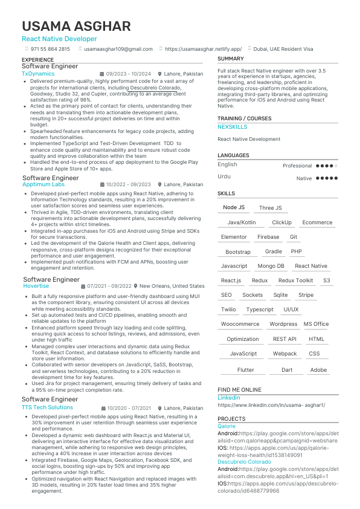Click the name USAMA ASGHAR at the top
coord(76,26)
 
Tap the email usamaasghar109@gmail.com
coord(118,49)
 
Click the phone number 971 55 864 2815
coord(50,49)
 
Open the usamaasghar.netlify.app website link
coord(203,49)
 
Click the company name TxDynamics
coord(38,74)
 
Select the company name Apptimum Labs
coord(43,184)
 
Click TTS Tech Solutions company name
coord(47,407)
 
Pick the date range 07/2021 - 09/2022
coord(109,286)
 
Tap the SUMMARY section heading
coord(231,59)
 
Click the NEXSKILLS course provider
coord(233,127)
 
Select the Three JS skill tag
coord(270,208)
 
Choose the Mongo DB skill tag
coord(271,266)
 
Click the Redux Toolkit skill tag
coord(296,280)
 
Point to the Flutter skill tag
coord(246,370)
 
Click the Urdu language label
coord(224,176)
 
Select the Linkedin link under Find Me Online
coord(229,398)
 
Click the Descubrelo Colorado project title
coord(245,462)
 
